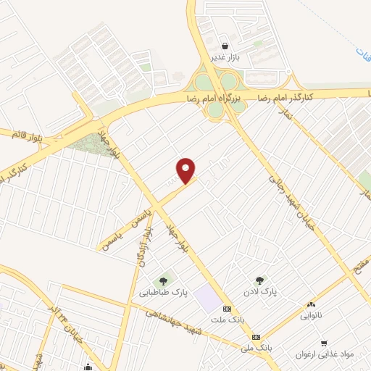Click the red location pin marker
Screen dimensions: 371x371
pos(187,170)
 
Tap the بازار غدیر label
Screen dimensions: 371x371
pos(225,56)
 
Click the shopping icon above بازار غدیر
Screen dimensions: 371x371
pos(225,44)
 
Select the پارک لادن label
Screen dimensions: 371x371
pos(262,291)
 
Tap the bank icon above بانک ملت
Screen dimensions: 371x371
pos(227,309)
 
